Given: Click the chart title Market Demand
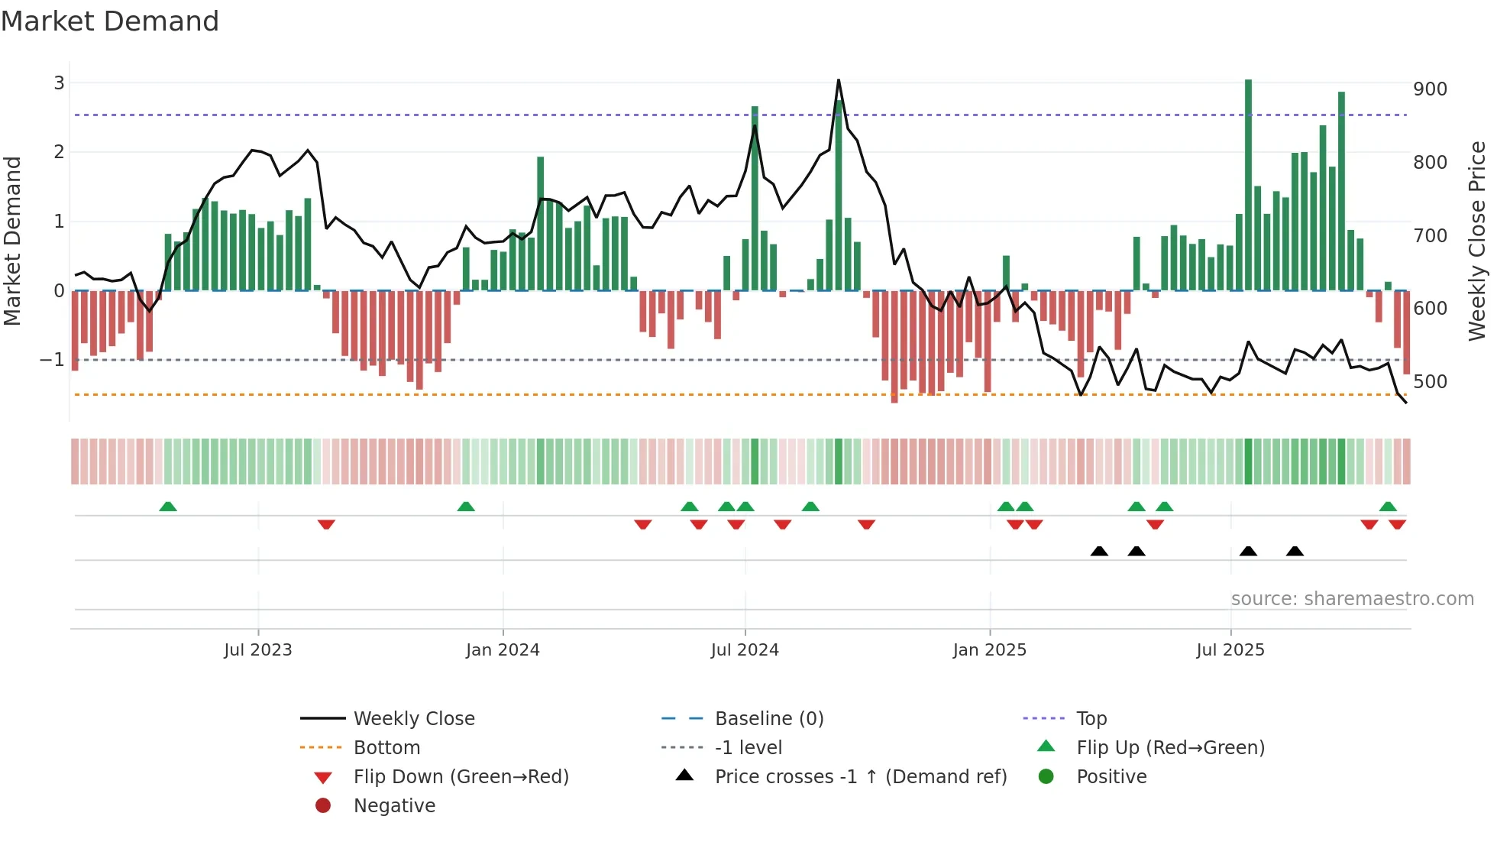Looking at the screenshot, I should tap(110, 21).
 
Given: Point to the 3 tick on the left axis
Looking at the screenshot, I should tap(59, 83).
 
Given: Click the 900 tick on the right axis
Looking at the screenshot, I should tap(1430, 89).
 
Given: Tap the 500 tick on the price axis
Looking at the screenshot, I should tap(1430, 381).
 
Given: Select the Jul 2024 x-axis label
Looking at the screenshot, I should tap(745, 650).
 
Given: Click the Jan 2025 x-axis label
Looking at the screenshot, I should tap(990, 650).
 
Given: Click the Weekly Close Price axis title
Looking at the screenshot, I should tap(1477, 241).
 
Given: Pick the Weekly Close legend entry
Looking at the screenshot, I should tap(414, 719).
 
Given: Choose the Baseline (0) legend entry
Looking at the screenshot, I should tap(769, 719).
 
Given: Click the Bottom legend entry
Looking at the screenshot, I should tap(386, 748).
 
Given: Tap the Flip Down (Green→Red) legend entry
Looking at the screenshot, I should tap(461, 777).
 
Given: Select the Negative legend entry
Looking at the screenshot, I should tap(394, 806).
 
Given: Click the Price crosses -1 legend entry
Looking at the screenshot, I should tap(861, 777).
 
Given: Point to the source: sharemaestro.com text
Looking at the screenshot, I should tap(1352, 599).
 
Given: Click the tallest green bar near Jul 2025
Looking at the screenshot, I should tap(1248, 183).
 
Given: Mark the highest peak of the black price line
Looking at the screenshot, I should tap(839, 80).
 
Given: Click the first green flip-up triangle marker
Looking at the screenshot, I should tap(168, 507).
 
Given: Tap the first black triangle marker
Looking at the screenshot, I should tap(1099, 551).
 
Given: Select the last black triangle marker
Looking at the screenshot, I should tap(1295, 551).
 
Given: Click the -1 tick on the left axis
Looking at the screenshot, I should tap(52, 360).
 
